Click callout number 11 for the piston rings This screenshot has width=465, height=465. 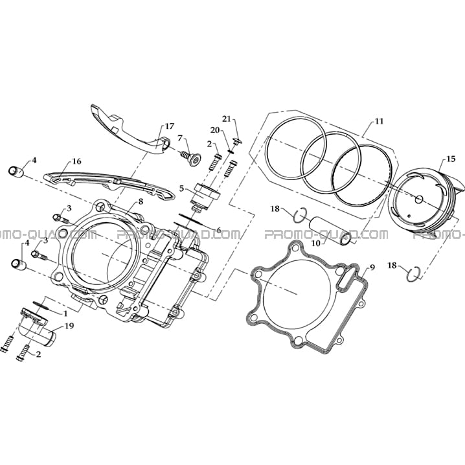pyautogui.click(x=379, y=121)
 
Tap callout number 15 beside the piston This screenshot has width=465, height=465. pyautogui.click(x=451, y=159)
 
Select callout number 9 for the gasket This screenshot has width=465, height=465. pyautogui.click(x=372, y=267)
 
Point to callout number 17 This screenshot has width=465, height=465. pyautogui.click(x=170, y=126)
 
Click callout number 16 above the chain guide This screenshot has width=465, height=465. pyautogui.click(x=76, y=161)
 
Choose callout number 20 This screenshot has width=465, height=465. pyautogui.click(x=215, y=130)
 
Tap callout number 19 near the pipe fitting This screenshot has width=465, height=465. pyautogui.click(x=69, y=326)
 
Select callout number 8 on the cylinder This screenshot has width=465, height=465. pyautogui.click(x=141, y=201)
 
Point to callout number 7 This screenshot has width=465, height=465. pyautogui.click(x=180, y=138)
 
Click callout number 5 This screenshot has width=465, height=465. pyautogui.click(x=181, y=188)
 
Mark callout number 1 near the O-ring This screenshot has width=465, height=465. pyautogui.click(x=65, y=313)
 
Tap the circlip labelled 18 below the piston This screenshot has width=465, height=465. pyautogui.click(x=413, y=275)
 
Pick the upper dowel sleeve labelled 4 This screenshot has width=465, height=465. pyautogui.click(x=16, y=172)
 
